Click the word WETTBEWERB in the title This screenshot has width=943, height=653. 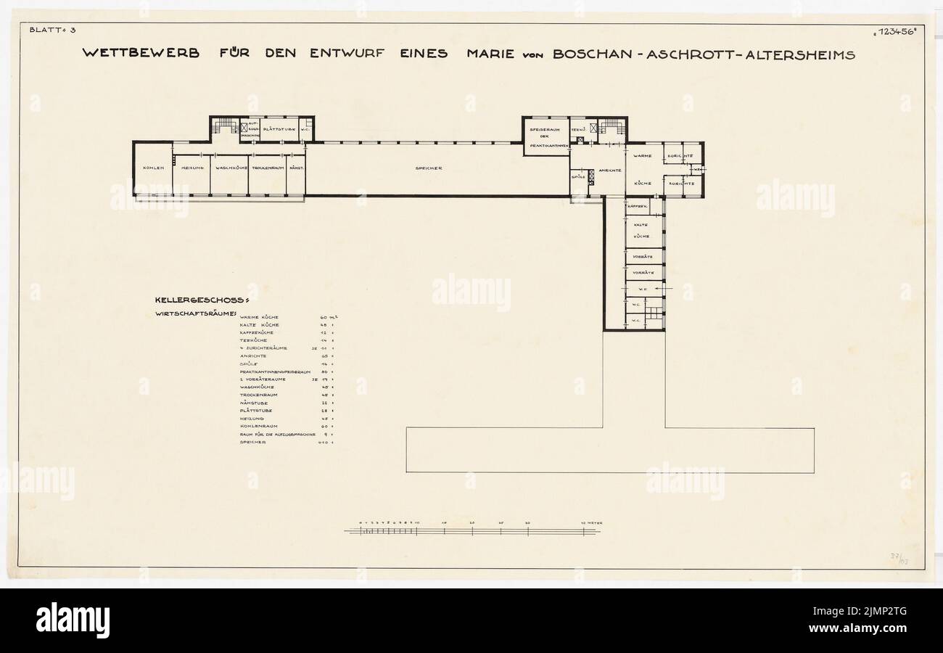[141, 54]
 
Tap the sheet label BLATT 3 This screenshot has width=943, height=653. [47, 30]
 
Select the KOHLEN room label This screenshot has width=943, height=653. [154, 168]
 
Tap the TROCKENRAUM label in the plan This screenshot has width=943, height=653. [268, 168]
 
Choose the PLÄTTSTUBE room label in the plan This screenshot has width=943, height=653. [279, 130]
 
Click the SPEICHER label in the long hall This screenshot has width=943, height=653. [429, 168]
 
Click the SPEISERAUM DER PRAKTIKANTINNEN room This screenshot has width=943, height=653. [546, 136]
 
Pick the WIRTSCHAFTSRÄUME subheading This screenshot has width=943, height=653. [196, 314]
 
